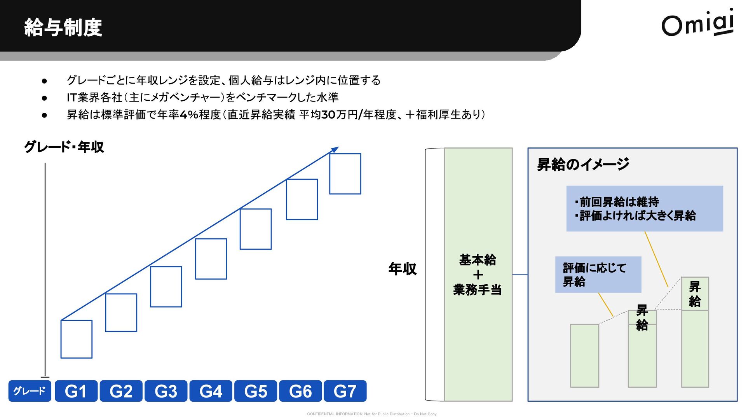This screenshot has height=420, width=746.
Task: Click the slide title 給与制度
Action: [63, 28]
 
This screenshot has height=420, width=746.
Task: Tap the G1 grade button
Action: [76, 391]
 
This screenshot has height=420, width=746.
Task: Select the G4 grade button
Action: [211, 391]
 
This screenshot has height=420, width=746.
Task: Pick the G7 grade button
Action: [345, 391]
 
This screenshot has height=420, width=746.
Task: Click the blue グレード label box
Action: [30, 391]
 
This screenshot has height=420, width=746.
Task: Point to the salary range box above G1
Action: [77, 339]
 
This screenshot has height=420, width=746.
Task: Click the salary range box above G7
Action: [345, 174]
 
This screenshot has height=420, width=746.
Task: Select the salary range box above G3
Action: [166, 287]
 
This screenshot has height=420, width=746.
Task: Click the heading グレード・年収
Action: [64, 147]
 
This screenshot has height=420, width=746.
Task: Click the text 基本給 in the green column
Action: [478, 260]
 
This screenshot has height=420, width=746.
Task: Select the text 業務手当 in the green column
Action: [478, 290]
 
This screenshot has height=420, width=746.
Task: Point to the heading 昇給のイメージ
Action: [583, 164]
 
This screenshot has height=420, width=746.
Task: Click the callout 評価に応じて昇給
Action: [598, 275]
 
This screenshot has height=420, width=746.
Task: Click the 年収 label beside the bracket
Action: [403, 269]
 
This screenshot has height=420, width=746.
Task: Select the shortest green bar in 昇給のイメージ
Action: [584, 355]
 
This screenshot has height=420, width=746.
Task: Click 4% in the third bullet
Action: [189, 115]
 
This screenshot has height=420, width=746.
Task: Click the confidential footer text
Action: [372, 414]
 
